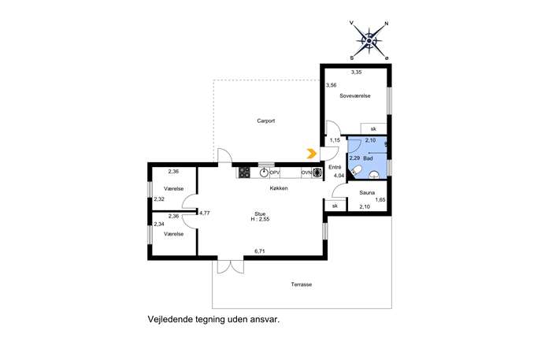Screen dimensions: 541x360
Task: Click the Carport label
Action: point(265,121)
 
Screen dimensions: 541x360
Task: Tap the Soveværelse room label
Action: point(355,96)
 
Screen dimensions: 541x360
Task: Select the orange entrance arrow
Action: point(312,154)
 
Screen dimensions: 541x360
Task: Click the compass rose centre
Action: point(369,41)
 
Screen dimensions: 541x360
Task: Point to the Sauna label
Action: point(367,193)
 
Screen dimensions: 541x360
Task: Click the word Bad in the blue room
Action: point(368,158)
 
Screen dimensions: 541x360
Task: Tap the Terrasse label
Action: point(301,284)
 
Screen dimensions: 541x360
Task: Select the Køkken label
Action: point(279,188)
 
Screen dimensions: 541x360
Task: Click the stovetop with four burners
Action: point(244,173)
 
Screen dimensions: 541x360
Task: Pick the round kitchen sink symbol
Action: point(265,173)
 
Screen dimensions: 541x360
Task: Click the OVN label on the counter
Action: point(306,173)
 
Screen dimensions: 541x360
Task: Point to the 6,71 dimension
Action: point(259,251)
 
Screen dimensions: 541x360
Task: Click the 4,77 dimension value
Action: point(205,213)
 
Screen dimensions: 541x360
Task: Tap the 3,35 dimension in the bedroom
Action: point(356,72)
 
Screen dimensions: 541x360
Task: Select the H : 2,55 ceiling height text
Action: point(260,219)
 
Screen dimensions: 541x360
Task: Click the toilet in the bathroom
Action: point(356,171)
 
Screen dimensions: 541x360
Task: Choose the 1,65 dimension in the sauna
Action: point(380,199)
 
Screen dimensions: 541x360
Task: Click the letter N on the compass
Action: point(387,24)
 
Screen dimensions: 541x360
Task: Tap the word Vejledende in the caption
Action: point(170,319)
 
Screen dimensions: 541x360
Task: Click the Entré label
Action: point(335,167)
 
